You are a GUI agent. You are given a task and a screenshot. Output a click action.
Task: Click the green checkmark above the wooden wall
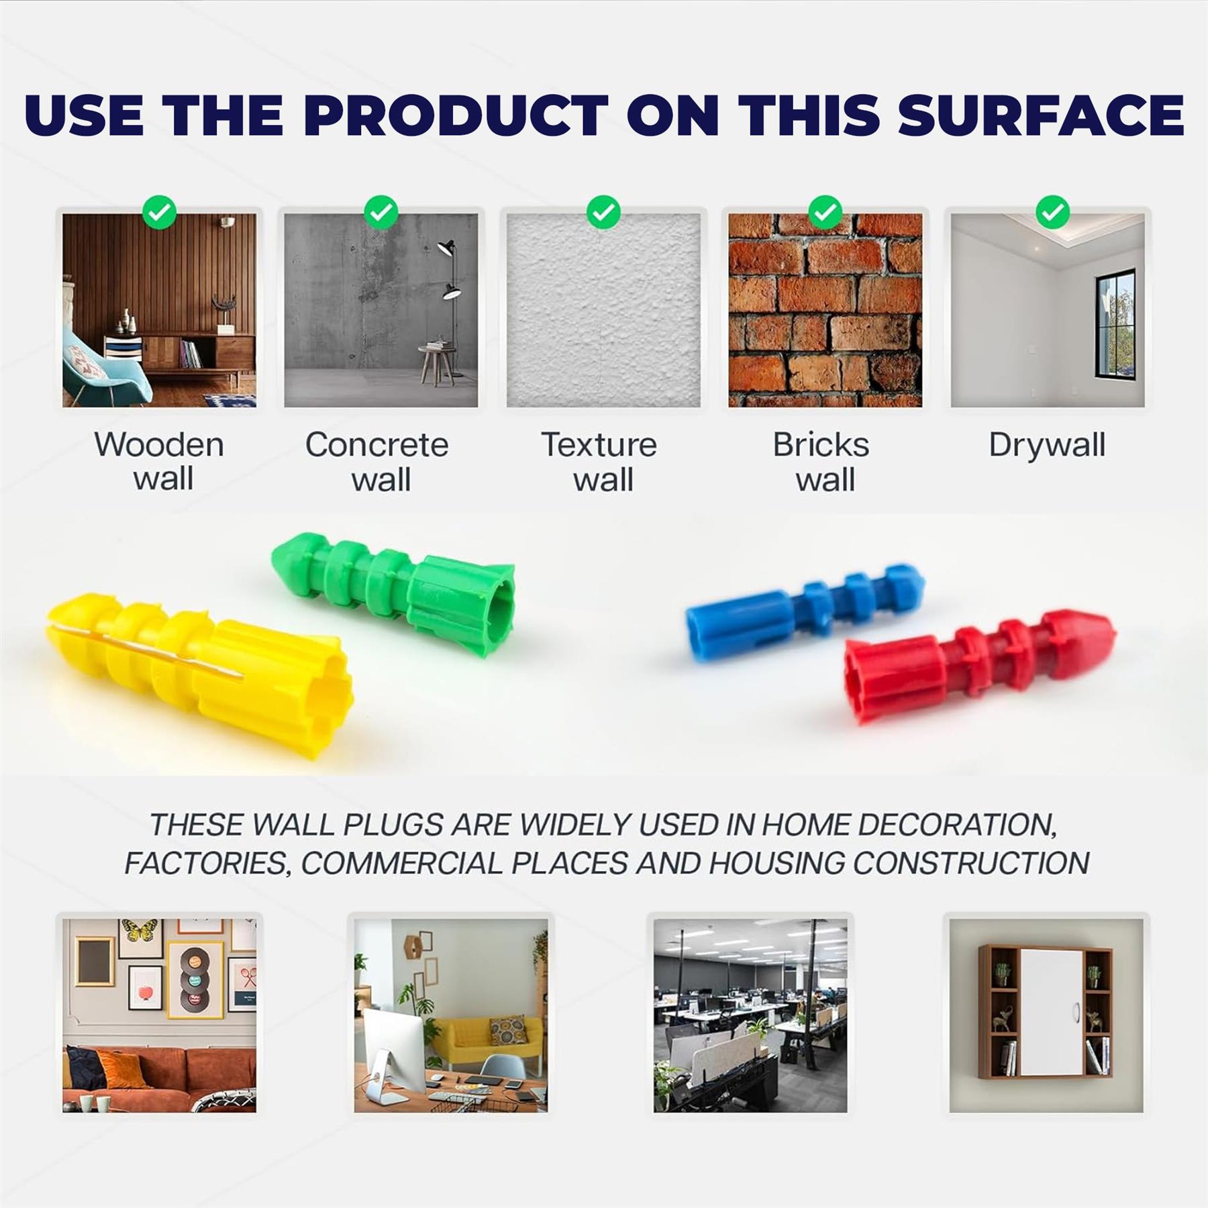[x=160, y=212]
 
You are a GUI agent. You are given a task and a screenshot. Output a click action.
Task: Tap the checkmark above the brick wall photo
[x=825, y=212]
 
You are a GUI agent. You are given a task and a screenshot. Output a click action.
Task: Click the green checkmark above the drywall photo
[x=1052, y=212]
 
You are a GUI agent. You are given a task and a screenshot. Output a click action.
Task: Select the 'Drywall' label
[x=1047, y=445]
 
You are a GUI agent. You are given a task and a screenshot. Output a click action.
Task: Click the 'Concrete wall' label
[x=377, y=462]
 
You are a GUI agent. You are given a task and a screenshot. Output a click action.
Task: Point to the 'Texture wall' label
[x=599, y=462]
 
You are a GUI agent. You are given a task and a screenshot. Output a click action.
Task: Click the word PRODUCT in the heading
[x=456, y=115]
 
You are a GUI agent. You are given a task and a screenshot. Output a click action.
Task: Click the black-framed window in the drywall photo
[x=1115, y=324]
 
